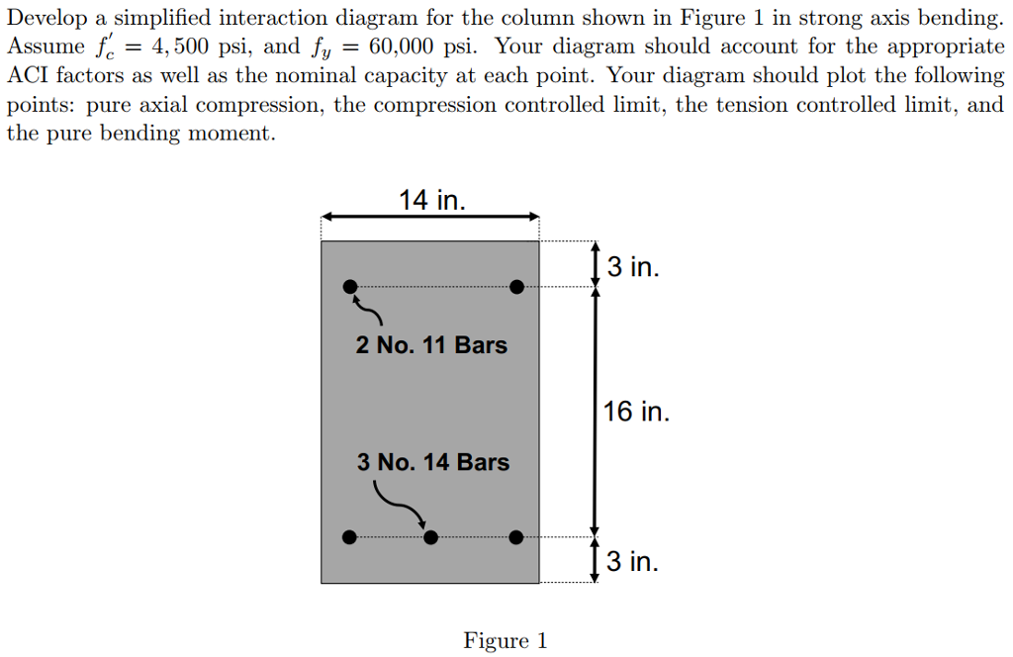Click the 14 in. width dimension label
point(430,201)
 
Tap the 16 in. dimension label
point(636,412)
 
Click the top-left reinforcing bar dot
point(349,287)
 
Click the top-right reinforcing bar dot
point(516,287)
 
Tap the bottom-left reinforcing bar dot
point(348,537)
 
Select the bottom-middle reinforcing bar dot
point(430,537)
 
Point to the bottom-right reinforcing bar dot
point(516,537)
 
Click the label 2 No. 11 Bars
point(431,345)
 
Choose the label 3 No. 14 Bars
point(433,462)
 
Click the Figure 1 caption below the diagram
point(505,641)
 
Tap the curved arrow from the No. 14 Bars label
point(401,503)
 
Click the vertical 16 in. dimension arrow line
point(595,412)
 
